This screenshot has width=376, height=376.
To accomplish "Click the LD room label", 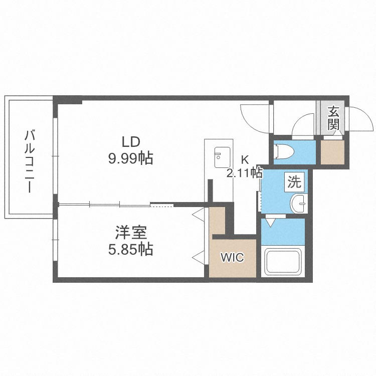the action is [x=131, y=142].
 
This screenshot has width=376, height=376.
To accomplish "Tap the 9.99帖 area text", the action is [x=131, y=158].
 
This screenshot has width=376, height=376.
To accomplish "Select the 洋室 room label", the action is [x=131, y=233].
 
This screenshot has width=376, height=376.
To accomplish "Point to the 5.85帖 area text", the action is [x=131, y=249].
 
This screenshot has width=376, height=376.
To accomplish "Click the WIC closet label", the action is [x=232, y=257].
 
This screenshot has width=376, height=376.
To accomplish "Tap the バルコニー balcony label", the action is [x=30, y=161].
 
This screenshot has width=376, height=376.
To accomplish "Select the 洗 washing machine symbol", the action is [x=294, y=182].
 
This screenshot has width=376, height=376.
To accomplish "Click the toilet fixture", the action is [x=284, y=151].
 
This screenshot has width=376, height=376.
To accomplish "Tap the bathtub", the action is [x=283, y=262].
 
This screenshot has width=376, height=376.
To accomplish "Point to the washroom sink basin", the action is [x=299, y=204].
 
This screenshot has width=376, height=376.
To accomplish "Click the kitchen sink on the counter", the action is [x=222, y=157].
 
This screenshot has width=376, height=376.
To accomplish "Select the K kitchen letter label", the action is [x=245, y=160].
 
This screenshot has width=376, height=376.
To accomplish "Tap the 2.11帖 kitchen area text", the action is [x=245, y=172].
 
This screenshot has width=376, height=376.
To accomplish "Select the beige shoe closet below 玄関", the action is [x=332, y=152].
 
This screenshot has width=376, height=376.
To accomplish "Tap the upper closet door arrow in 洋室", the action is [x=199, y=214].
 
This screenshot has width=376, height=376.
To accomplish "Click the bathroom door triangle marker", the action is [x=271, y=223].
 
